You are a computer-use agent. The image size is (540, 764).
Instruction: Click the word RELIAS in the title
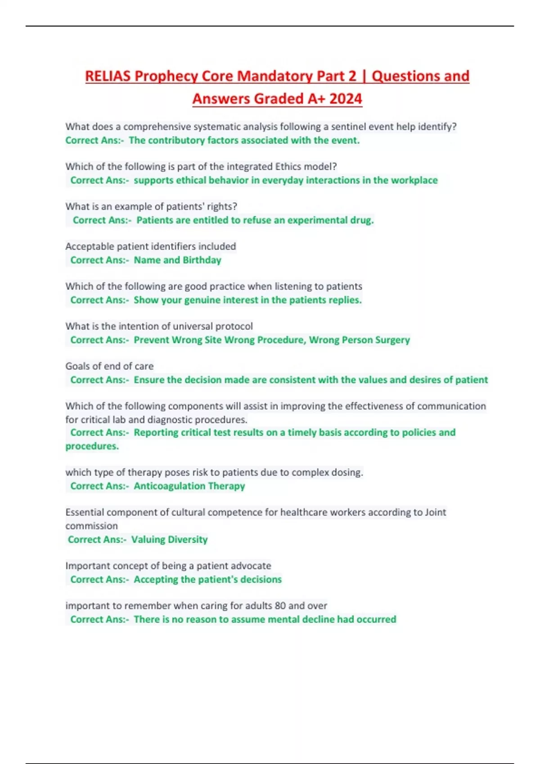pyautogui.click(x=108, y=76)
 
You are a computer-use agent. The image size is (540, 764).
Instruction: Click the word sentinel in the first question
pyautogui.click(x=348, y=127)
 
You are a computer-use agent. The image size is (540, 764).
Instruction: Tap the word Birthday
pyautogui.click(x=202, y=260)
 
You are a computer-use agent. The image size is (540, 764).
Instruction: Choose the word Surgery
pyautogui.click(x=392, y=340)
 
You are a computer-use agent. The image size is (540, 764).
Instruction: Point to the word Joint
pyautogui.click(x=435, y=512)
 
